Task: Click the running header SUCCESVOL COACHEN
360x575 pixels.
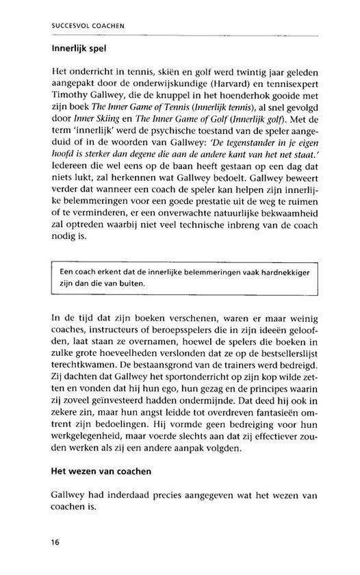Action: (x=92, y=28)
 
